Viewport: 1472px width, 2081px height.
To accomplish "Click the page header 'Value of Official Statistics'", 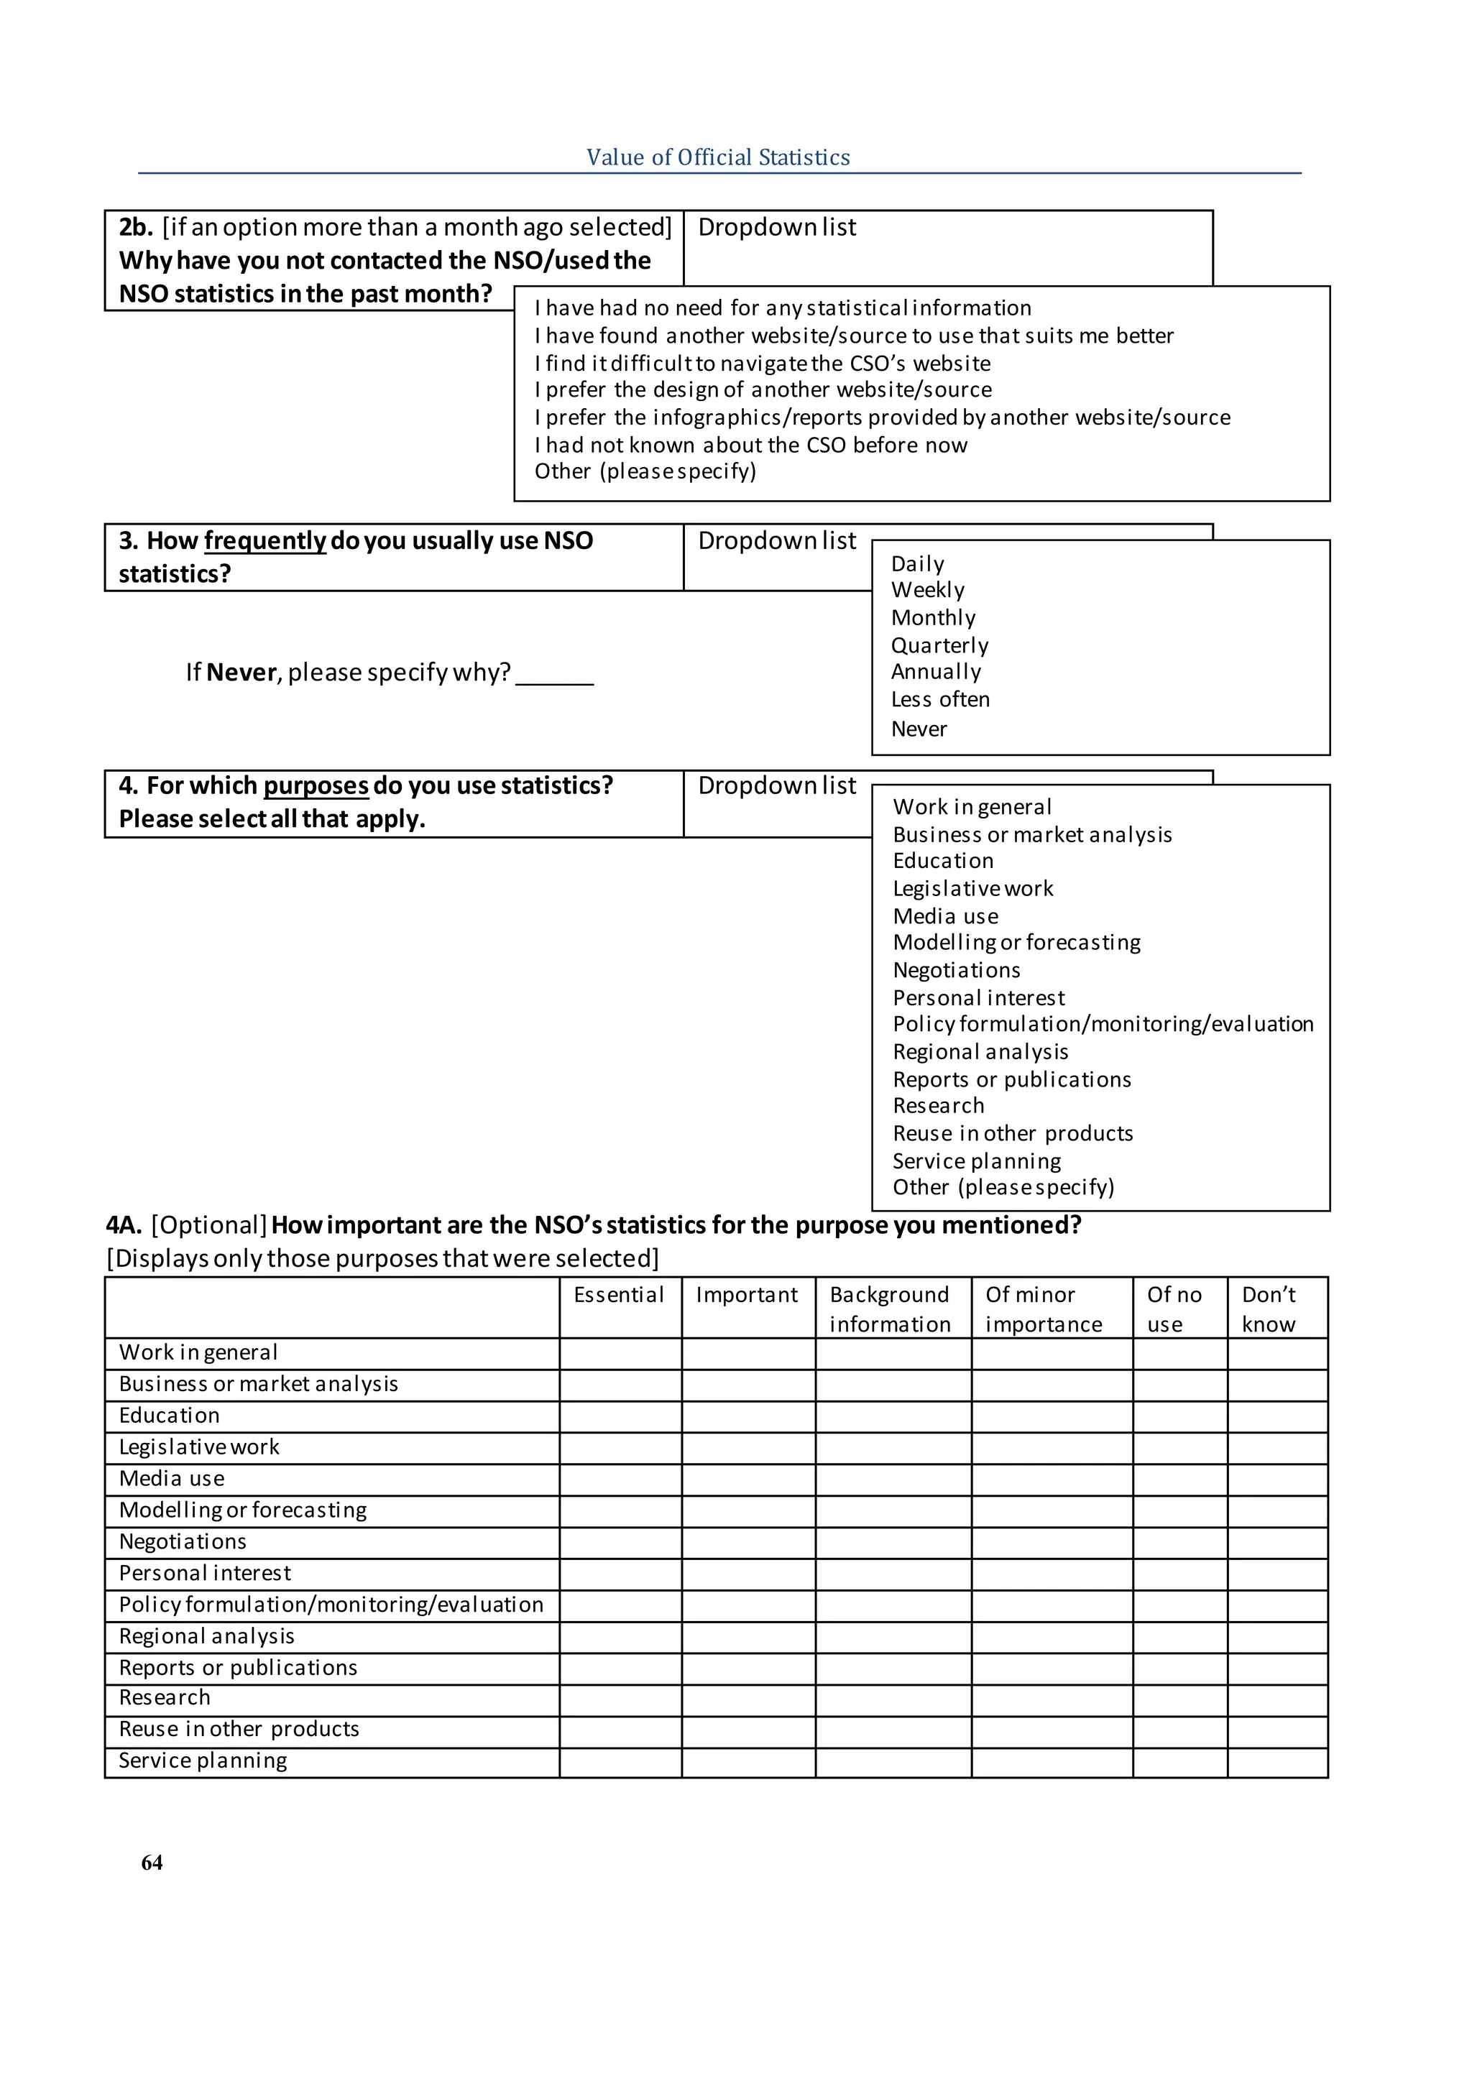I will pyautogui.click(x=718, y=157).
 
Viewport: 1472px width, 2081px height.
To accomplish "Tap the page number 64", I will pyautogui.click(x=152, y=1863).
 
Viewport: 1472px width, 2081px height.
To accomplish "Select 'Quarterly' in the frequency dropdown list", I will pyautogui.click(x=939, y=645).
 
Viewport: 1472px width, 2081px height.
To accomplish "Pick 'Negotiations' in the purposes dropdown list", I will pyautogui.click(x=956, y=970).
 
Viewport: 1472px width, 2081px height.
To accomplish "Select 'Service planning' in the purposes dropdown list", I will pyautogui.click(x=976, y=1161).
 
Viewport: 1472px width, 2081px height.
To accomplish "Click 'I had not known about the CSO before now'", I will pyautogui.click(x=750, y=445).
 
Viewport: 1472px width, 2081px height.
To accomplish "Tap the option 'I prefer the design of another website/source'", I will pyautogui.click(x=763, y=389).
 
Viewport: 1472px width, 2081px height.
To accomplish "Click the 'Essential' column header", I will pyautogui.click(x=619, y=1294).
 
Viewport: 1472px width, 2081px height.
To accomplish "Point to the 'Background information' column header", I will pyautogui.click(x=890, y=1309).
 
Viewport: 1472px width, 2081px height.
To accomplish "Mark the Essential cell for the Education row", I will pyautogui.click(x=620, y=1416).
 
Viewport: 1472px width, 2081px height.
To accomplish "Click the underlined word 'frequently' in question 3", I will pyautogui.click(x=264, y=541).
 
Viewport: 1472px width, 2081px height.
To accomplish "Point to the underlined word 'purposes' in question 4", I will pyautogui.click(x=316, y=786).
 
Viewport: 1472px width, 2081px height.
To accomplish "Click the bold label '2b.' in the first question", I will pyautogui.click(x=136, y=228).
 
